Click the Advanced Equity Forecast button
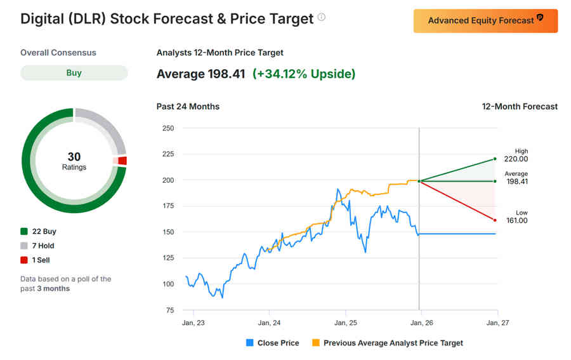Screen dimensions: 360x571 pos(485,20)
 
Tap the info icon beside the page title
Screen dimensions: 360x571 pos(322,18)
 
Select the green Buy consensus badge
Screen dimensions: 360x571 pos(74,73)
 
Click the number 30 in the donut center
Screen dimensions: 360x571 pos(74,156)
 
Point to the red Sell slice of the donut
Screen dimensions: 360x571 pos(122,161)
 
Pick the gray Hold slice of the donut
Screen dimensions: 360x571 pos(105,127)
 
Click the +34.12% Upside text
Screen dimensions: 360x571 pos(304,74)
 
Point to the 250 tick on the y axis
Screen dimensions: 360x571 pos(167,128)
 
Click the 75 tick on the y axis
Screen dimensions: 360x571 pos(169,310)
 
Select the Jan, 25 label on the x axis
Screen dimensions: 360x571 pos(345,323)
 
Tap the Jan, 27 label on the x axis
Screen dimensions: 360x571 pos(497,323)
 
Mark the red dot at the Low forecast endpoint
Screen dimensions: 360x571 pos(494,220)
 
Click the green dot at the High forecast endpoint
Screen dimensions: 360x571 pos(494,159)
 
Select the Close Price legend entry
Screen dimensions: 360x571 pos(272,343)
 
